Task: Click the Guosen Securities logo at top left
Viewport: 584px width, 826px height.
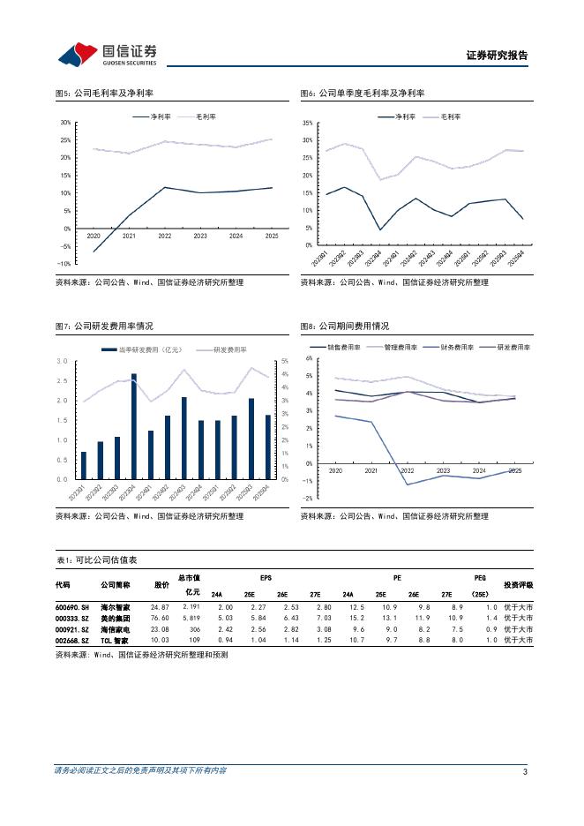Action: click(x=108, y=55)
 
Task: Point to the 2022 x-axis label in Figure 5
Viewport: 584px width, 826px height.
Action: click(x=164, y=237)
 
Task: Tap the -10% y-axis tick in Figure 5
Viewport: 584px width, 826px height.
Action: click(x=64, y=264)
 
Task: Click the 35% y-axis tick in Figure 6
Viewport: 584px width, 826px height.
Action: click(x=307, y=123)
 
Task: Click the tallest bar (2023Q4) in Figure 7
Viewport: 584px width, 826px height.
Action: click(x=134, y=425)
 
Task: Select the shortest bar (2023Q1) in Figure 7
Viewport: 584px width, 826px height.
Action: click(x=84, y=465)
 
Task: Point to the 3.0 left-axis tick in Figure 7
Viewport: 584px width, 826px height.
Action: click(x=63, y=361)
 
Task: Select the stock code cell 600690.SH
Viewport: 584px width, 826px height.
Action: click(x=71, y=607)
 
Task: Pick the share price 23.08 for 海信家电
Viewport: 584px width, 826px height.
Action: click(x=160, y=629)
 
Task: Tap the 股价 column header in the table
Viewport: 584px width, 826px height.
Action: click(x=161, y=584)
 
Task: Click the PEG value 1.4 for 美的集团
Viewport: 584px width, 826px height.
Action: click(x=491, y=619)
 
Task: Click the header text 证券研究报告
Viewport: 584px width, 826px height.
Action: click(x=497, y=55)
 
